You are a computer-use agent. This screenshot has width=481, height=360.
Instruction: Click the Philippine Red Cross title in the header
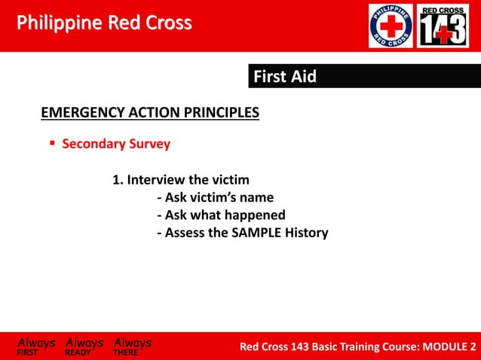(104, 23)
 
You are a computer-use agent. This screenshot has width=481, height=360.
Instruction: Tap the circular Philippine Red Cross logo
(390, 26)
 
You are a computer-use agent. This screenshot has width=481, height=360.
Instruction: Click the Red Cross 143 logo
(443, 26)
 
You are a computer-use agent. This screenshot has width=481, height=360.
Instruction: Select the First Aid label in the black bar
(284, 76)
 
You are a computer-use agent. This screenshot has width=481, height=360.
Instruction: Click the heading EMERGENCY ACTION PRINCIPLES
(149, 113)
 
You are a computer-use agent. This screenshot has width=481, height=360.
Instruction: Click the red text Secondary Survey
(115, 143)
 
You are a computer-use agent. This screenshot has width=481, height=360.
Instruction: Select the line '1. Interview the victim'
(181, 180)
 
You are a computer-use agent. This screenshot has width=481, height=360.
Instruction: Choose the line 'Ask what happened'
(220, 215)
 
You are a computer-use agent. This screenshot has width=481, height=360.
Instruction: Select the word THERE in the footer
(125, 352)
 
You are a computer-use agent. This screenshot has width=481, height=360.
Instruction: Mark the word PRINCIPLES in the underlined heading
(221, 113)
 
